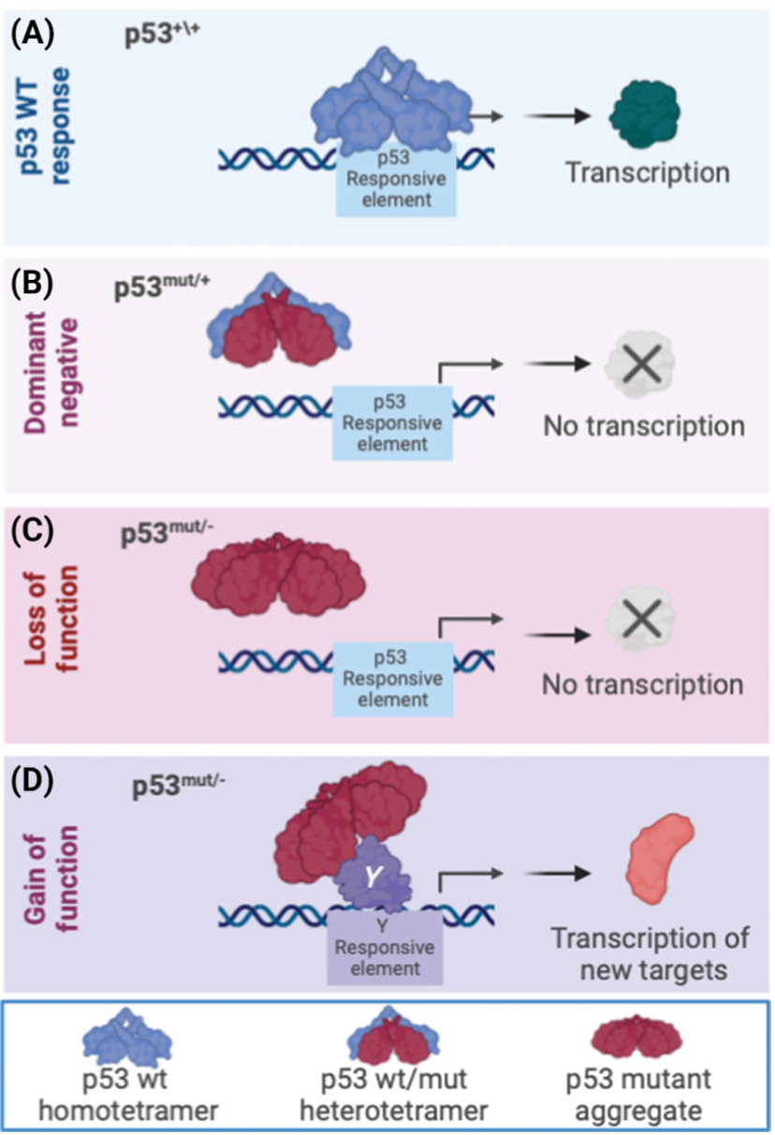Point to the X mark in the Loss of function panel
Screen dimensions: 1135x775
(x=638, y=620)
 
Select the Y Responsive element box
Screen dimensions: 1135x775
(x=384, y=947)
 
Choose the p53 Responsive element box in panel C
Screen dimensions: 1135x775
(x=394, y=686)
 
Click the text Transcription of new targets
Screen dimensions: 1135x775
(x=638, y=953)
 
